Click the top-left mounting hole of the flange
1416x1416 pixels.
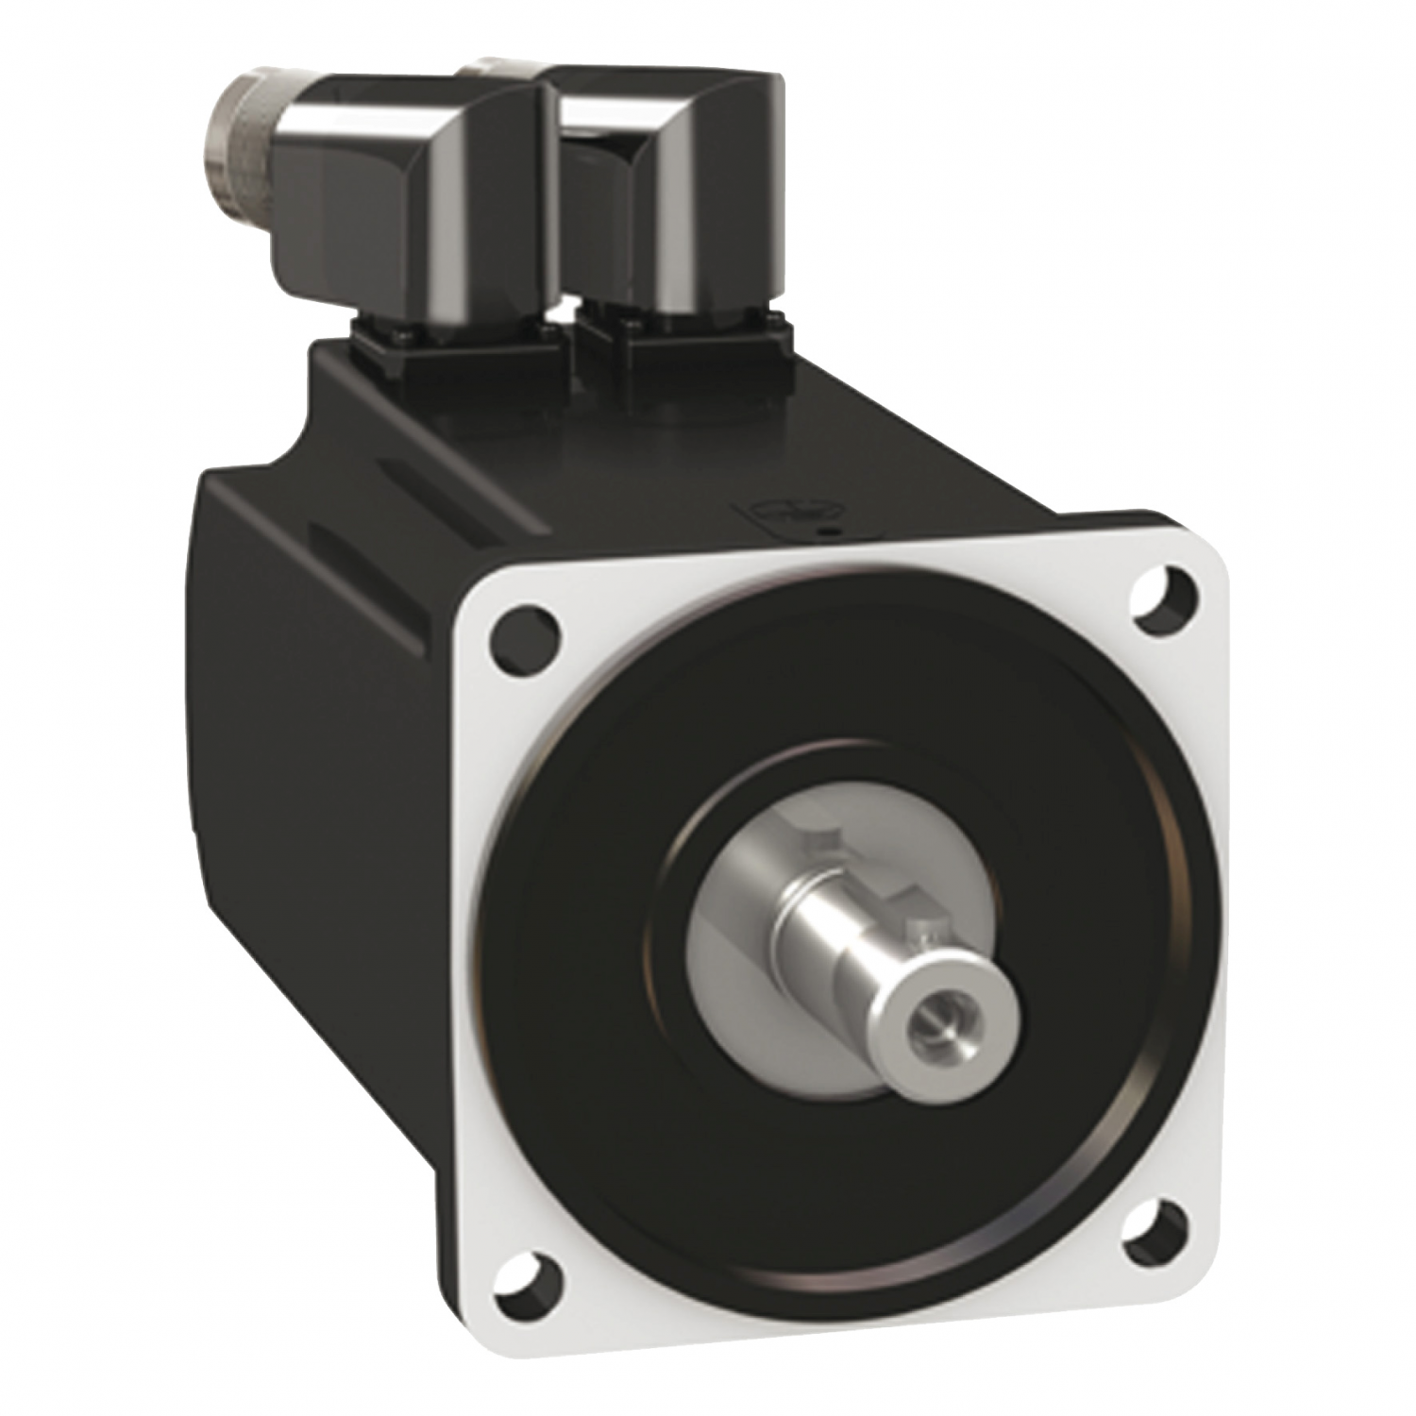pos(520,626)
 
